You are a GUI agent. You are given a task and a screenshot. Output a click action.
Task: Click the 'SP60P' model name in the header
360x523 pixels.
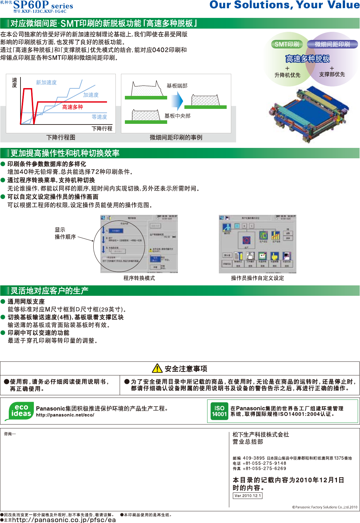tap(31, 5)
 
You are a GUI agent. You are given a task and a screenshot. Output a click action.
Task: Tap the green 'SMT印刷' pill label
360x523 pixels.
tap(287, 44)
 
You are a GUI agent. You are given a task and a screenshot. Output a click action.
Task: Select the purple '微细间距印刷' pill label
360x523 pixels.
tap(332, 44)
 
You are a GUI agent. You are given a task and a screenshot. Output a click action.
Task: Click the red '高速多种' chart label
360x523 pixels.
tap(73, 107)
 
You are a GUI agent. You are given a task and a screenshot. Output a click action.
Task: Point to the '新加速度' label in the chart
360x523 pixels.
tap(46, 83)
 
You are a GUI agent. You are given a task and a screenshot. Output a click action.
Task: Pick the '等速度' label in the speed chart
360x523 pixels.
tap(99, 117)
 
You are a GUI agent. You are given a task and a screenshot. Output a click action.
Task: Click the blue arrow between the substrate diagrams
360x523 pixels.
tap(178, 101)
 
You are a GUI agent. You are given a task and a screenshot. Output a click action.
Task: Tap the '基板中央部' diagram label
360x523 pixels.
tap(178, 116)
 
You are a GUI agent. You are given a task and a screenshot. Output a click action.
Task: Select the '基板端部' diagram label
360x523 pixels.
tap(177, 86)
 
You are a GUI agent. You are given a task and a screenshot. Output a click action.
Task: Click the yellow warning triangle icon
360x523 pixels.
tap(157, 368)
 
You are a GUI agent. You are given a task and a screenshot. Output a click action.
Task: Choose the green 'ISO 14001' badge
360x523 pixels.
tap(220, 411)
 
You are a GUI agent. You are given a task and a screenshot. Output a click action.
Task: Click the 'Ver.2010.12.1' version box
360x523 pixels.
tap(248, 496)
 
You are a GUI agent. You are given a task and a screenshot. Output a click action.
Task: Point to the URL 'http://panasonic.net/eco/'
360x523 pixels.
tap(65, 415)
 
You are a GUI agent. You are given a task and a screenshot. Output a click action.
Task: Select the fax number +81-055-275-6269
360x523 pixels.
tap(264, 469)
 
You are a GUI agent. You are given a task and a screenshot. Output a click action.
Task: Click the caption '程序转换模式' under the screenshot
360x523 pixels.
tap(139, 278)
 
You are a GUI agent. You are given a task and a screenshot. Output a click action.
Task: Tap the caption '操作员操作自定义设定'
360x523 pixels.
tap(258, 278)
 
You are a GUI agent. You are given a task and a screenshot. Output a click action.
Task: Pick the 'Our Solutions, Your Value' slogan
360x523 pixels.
tap(285, 5)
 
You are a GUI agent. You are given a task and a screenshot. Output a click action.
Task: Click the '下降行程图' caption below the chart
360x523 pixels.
tap(61, 137)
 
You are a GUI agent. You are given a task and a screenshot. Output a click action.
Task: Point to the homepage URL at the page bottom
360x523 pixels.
tap(64, 520)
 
